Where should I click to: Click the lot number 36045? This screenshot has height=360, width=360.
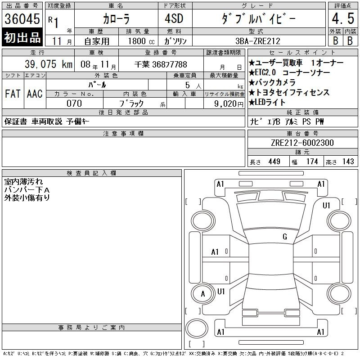coord(22,19)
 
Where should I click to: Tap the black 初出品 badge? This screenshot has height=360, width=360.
coord(22,37)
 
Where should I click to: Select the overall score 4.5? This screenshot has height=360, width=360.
coord(343,18)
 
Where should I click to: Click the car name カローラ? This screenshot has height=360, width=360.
coord(116,19)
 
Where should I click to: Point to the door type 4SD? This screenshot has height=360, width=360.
coord(174,18)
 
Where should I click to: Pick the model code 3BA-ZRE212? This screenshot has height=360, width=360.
coord(258,41)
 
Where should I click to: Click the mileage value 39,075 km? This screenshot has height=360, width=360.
coord(49,64)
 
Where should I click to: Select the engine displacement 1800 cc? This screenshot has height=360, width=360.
coord(141,41)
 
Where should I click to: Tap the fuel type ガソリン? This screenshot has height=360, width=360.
coord(175,41)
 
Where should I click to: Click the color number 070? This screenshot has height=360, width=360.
coord(74,103)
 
